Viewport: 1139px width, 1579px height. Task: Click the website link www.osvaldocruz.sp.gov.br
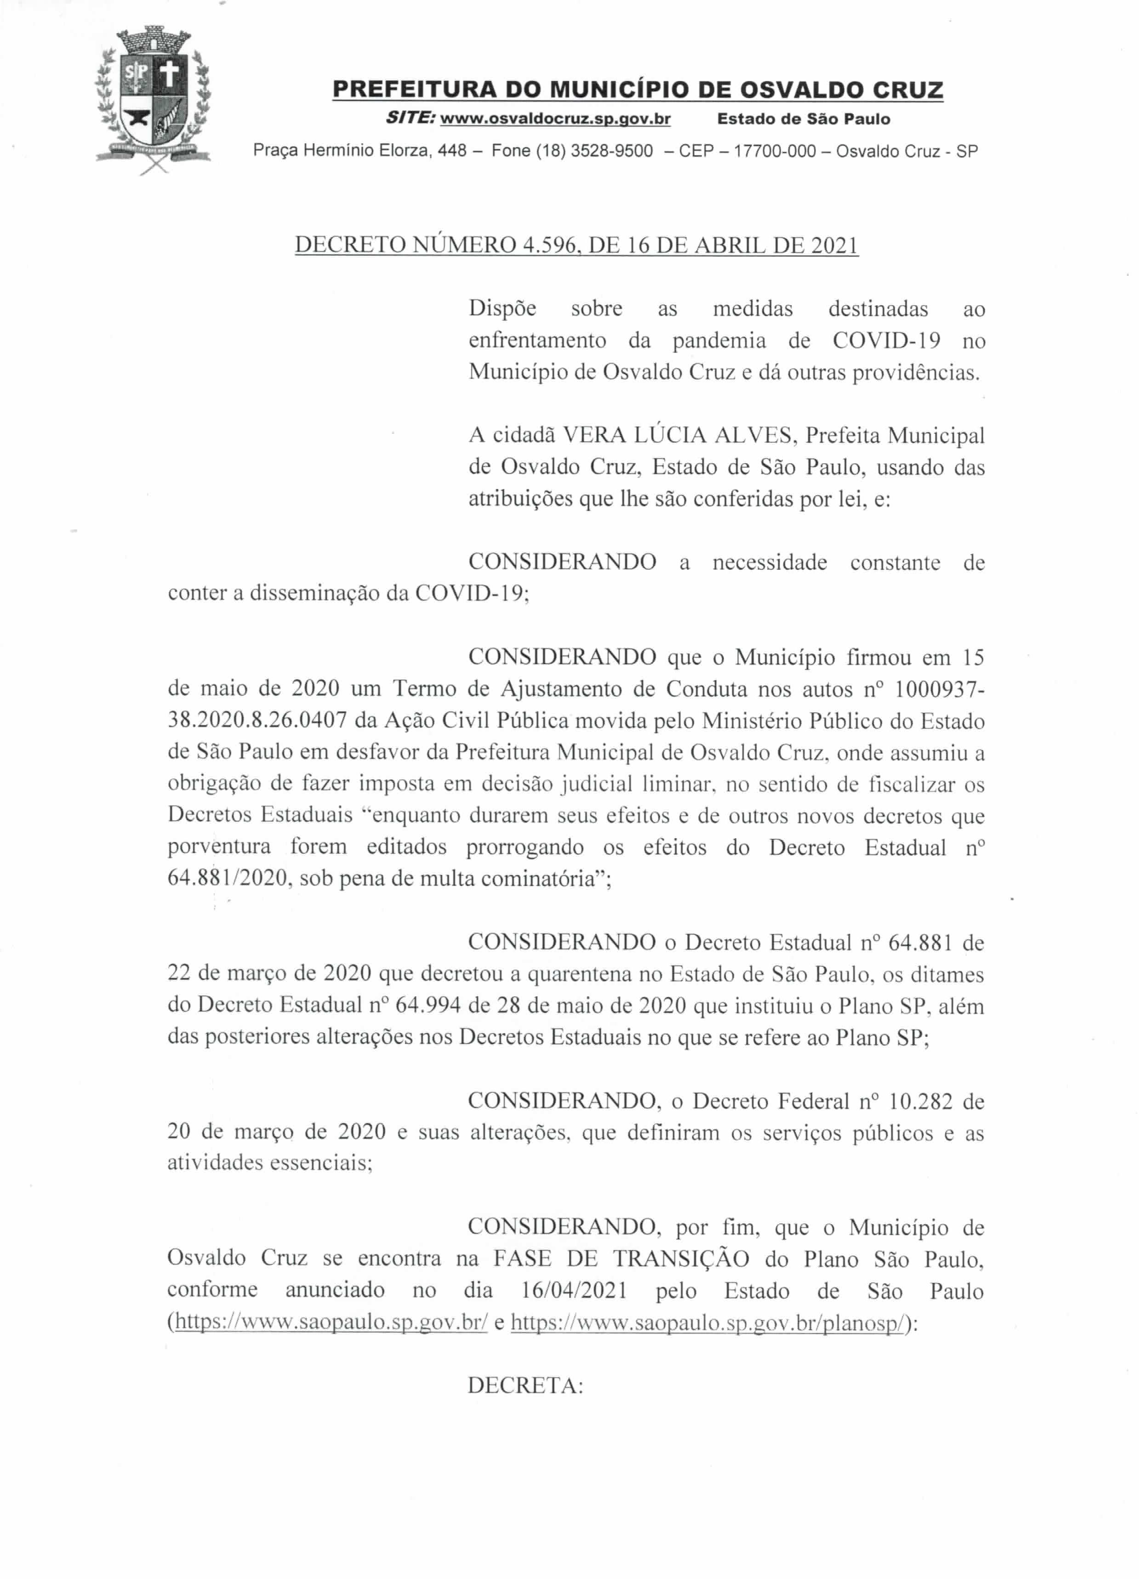(x=556, y=119)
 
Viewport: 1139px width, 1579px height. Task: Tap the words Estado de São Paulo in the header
(x=803, y=119)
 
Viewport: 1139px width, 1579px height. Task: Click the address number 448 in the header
(x=452, y=151)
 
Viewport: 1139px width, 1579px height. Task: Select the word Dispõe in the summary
(x=503, y=308)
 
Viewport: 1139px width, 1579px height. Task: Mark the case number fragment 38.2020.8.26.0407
(x=257, y=720)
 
